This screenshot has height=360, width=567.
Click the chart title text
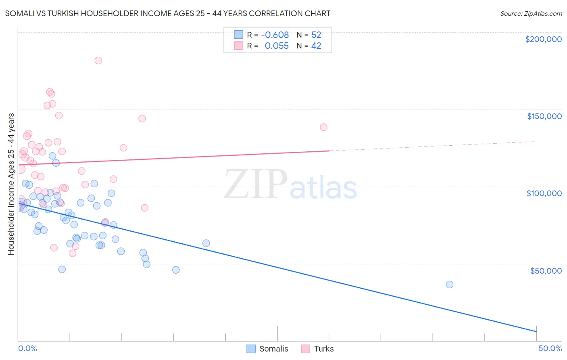(168, 14)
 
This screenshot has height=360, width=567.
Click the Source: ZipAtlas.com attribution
(531, 14)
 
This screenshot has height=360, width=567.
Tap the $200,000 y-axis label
(543, 39)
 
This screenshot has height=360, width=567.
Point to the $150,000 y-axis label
(544, 116)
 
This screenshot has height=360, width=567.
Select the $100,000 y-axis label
(544, 193)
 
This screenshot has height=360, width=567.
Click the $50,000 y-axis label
(546, 270)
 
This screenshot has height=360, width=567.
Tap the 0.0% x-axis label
(27, 348)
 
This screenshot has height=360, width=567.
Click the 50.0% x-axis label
(550, 348)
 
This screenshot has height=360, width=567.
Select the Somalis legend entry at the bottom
(267, 349)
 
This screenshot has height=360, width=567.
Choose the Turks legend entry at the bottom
(318, 349)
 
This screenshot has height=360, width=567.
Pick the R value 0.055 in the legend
(277, 46)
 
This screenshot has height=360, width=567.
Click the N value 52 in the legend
(316, 35)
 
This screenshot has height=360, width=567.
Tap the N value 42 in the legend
(316, 46)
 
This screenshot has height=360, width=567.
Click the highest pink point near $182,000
(98, 61)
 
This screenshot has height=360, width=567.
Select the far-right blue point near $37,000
(450, 285)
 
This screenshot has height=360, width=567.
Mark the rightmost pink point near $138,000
(323, 127)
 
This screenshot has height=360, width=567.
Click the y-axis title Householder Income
(11, 184)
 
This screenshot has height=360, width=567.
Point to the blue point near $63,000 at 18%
(206, 243)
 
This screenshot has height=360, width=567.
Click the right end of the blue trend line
(536, 331)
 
